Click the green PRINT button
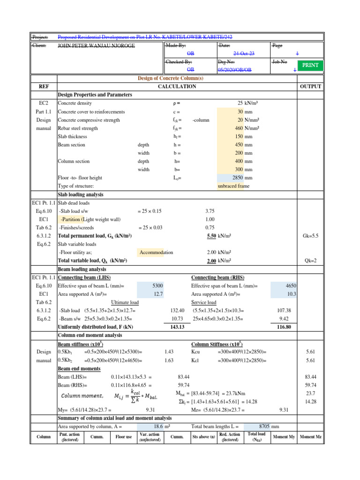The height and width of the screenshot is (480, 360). tap(310, 65)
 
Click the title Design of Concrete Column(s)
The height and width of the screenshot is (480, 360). tap(177, 78)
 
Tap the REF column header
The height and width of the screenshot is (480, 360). tap(43, 87)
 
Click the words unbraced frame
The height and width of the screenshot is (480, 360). tap(234, 186)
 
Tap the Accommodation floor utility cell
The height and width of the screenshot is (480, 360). tap(156, 253)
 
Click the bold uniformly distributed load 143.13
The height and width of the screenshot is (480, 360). tap(177, 327)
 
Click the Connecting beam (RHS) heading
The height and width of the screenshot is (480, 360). tap(217, 277)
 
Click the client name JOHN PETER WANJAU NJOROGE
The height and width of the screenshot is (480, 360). tap(95, 45)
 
